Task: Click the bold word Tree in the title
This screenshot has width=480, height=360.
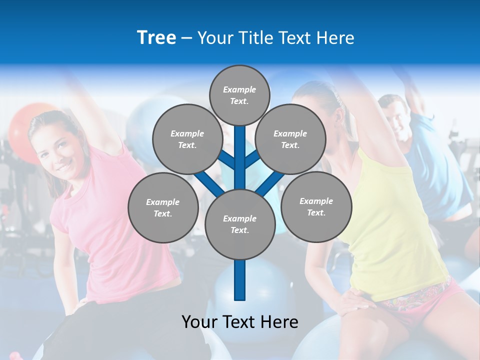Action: point(156,37)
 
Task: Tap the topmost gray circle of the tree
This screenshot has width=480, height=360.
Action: point(239,95)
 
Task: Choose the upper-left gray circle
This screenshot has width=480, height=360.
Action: point(187,139)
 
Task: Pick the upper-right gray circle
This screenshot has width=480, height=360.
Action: point(290,139)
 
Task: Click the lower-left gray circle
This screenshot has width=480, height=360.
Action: point(162,207)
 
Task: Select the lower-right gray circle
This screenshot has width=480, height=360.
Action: point(316,206)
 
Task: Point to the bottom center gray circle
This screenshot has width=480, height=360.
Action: point(239,224)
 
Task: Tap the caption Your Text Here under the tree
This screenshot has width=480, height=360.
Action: point(240,322)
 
